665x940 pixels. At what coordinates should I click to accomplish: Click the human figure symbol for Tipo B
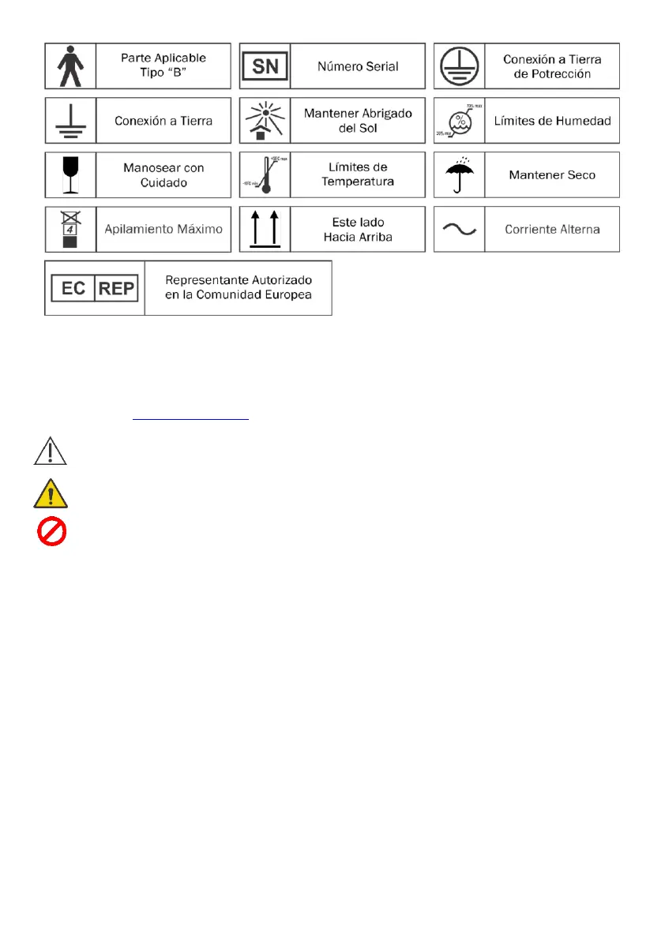[x=70, y=66]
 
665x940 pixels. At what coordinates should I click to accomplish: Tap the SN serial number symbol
[x=265, y=66]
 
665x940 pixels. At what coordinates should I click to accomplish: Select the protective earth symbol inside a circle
[x=459, y=66]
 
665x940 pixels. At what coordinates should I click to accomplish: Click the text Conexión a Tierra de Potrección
[x=552, y=66]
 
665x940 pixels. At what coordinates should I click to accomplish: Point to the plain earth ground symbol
[x=70, y=120]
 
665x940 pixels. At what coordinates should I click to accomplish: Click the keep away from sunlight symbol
[x=265, y=120]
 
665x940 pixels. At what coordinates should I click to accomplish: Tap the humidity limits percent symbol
[x=459, y=120]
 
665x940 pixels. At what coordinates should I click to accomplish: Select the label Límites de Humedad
[x=552, y=120]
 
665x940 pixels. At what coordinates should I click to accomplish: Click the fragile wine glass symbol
[x=70, y=174]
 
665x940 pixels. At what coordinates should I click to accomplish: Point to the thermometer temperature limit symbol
[x=265, y=174]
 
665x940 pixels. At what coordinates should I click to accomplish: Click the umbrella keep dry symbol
[x=459, y=174]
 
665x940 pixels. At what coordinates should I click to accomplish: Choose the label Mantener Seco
[x=552, y=174]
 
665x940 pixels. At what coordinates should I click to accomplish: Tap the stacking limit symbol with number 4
[x=70, y=229]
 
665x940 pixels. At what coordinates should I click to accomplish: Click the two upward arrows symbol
[x=265, y=230]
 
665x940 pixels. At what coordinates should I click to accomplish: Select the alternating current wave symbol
[x=459, y=229]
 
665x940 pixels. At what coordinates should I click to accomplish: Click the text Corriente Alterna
[x=552, y=229]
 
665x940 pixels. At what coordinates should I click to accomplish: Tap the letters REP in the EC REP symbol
[x=115, y=288]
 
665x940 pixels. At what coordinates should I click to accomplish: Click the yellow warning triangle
[x=51, y=495]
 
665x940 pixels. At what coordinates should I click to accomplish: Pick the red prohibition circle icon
[x=51, y=530]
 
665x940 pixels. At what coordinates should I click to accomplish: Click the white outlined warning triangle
[x=51, y=452]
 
